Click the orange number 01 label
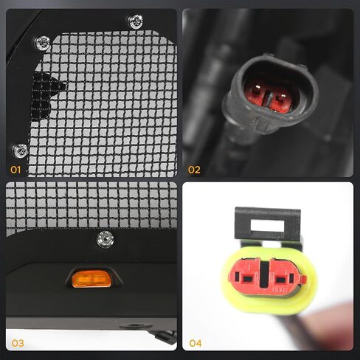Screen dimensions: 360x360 15,170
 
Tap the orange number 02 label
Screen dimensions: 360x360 194,170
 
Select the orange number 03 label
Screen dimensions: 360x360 18,343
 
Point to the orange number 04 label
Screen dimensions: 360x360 195,343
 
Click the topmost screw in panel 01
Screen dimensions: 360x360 136,21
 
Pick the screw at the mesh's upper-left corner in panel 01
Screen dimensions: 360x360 42,43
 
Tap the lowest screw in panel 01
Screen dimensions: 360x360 20,150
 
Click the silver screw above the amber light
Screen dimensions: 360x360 105,239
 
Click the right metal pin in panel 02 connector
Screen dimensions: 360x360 283,96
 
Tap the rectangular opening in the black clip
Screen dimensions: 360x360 267,226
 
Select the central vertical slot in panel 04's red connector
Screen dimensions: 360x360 265,274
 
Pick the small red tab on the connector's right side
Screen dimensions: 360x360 304,279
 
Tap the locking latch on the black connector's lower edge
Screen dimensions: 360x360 263,124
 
